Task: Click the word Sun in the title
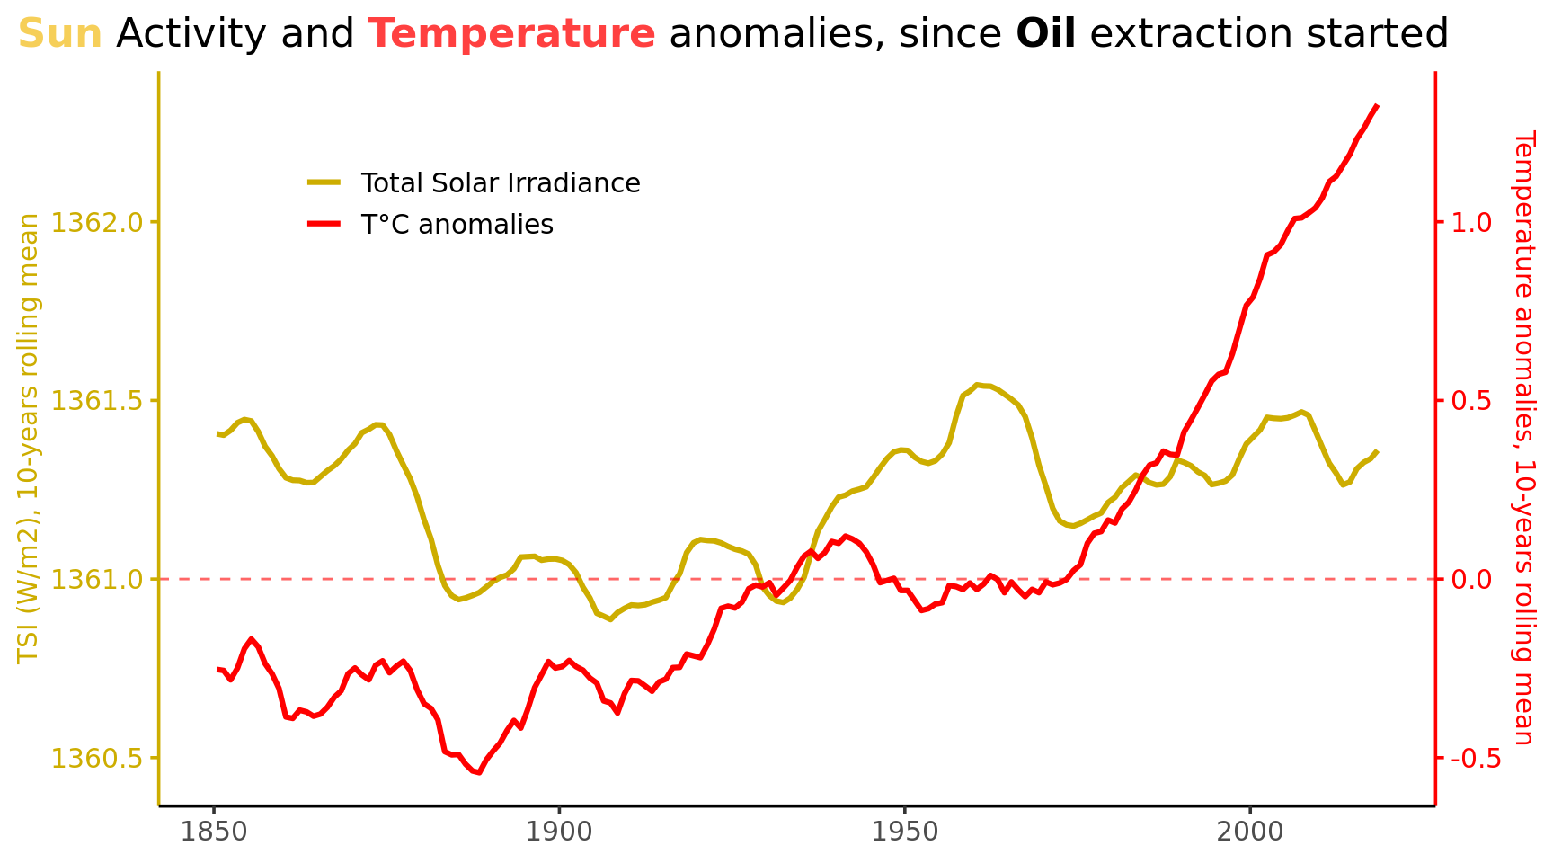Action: click(x=59, y=34)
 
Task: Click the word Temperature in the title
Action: click(x=511, y=34)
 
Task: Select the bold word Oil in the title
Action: click(x=1045, y=34)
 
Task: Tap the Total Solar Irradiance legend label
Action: click(x=500, y=183)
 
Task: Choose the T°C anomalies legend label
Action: click(x=457, y=225)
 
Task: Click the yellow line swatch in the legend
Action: click(x=324, y=182)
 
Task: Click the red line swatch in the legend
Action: click(x=324, y=224)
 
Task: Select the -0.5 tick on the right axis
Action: click(x=1469, y=758)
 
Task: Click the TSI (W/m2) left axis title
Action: click(x=30, y=439)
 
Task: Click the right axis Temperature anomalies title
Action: click(x=1524, y=439)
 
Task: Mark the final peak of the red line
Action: click(x=1377, y=106)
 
